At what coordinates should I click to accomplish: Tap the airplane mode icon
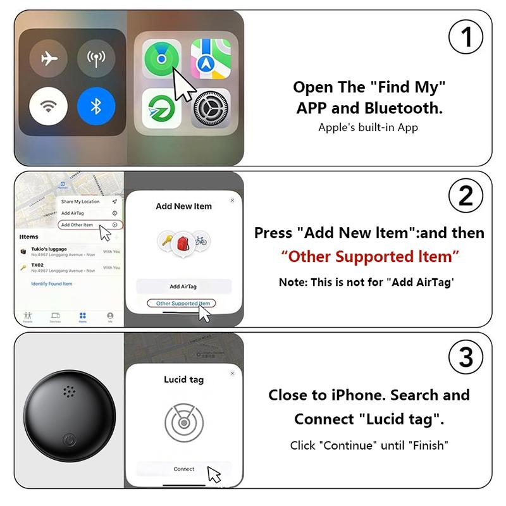click(48, 59)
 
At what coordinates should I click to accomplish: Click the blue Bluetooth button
click(96, 106)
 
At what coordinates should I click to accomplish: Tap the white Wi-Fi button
click(48, 106)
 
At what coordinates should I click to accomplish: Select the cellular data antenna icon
click(96, 59)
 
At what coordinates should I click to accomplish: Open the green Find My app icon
click(161, 59)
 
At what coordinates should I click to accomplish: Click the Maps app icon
click(211, 59)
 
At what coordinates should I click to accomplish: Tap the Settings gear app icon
click(211, 108)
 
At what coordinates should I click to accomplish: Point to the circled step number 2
click(466, 195)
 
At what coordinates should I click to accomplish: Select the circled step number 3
click(466, 357)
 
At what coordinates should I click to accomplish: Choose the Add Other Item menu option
click(77, 225)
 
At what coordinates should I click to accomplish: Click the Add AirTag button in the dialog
click(183, 287)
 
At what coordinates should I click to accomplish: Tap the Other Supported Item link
click(183, 304)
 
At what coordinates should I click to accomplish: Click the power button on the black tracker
click(69, 440)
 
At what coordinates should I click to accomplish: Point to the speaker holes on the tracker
click(69, 393)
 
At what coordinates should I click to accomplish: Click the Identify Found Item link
click(52, 284)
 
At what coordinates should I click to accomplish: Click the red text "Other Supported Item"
click(370, 257)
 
